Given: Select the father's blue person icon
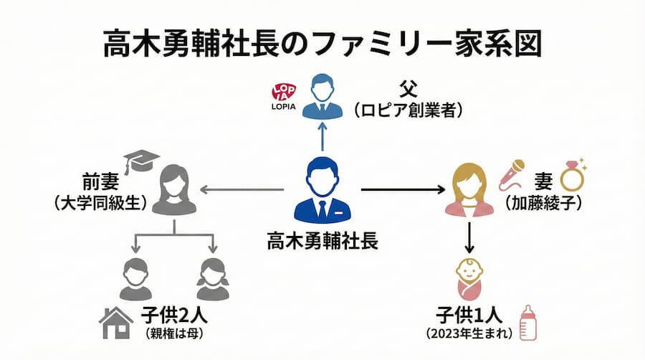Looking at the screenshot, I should (x=322, y=98).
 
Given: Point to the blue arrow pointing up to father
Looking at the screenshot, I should (x=322, y=136).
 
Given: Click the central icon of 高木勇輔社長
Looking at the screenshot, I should (x=322, y=190).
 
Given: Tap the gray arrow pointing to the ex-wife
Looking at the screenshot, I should (x=241, y=189).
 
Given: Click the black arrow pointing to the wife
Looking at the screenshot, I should (x=401, y=189).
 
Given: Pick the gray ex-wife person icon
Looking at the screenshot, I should (x=175, y=189).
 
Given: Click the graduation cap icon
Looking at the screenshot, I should (x=140, y=161).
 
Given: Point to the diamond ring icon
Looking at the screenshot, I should (x=573, y=173).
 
